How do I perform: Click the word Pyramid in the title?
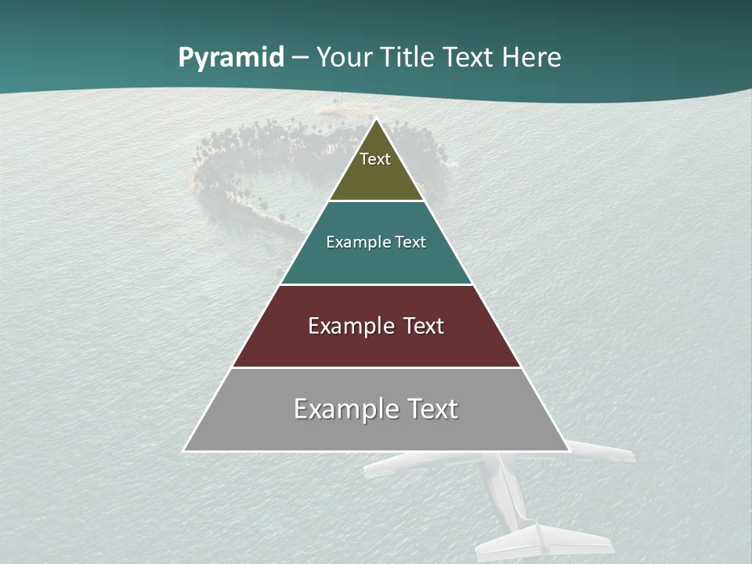[230, 58]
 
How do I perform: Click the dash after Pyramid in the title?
[299, 59]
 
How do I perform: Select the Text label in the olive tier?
[375, 159]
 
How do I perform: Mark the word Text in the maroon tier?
[424, 326]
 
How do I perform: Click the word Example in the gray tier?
[345, 409]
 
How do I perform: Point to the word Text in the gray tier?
[432, 409]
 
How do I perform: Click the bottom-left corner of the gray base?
[185, 450]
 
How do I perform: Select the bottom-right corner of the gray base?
[568, 450]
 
